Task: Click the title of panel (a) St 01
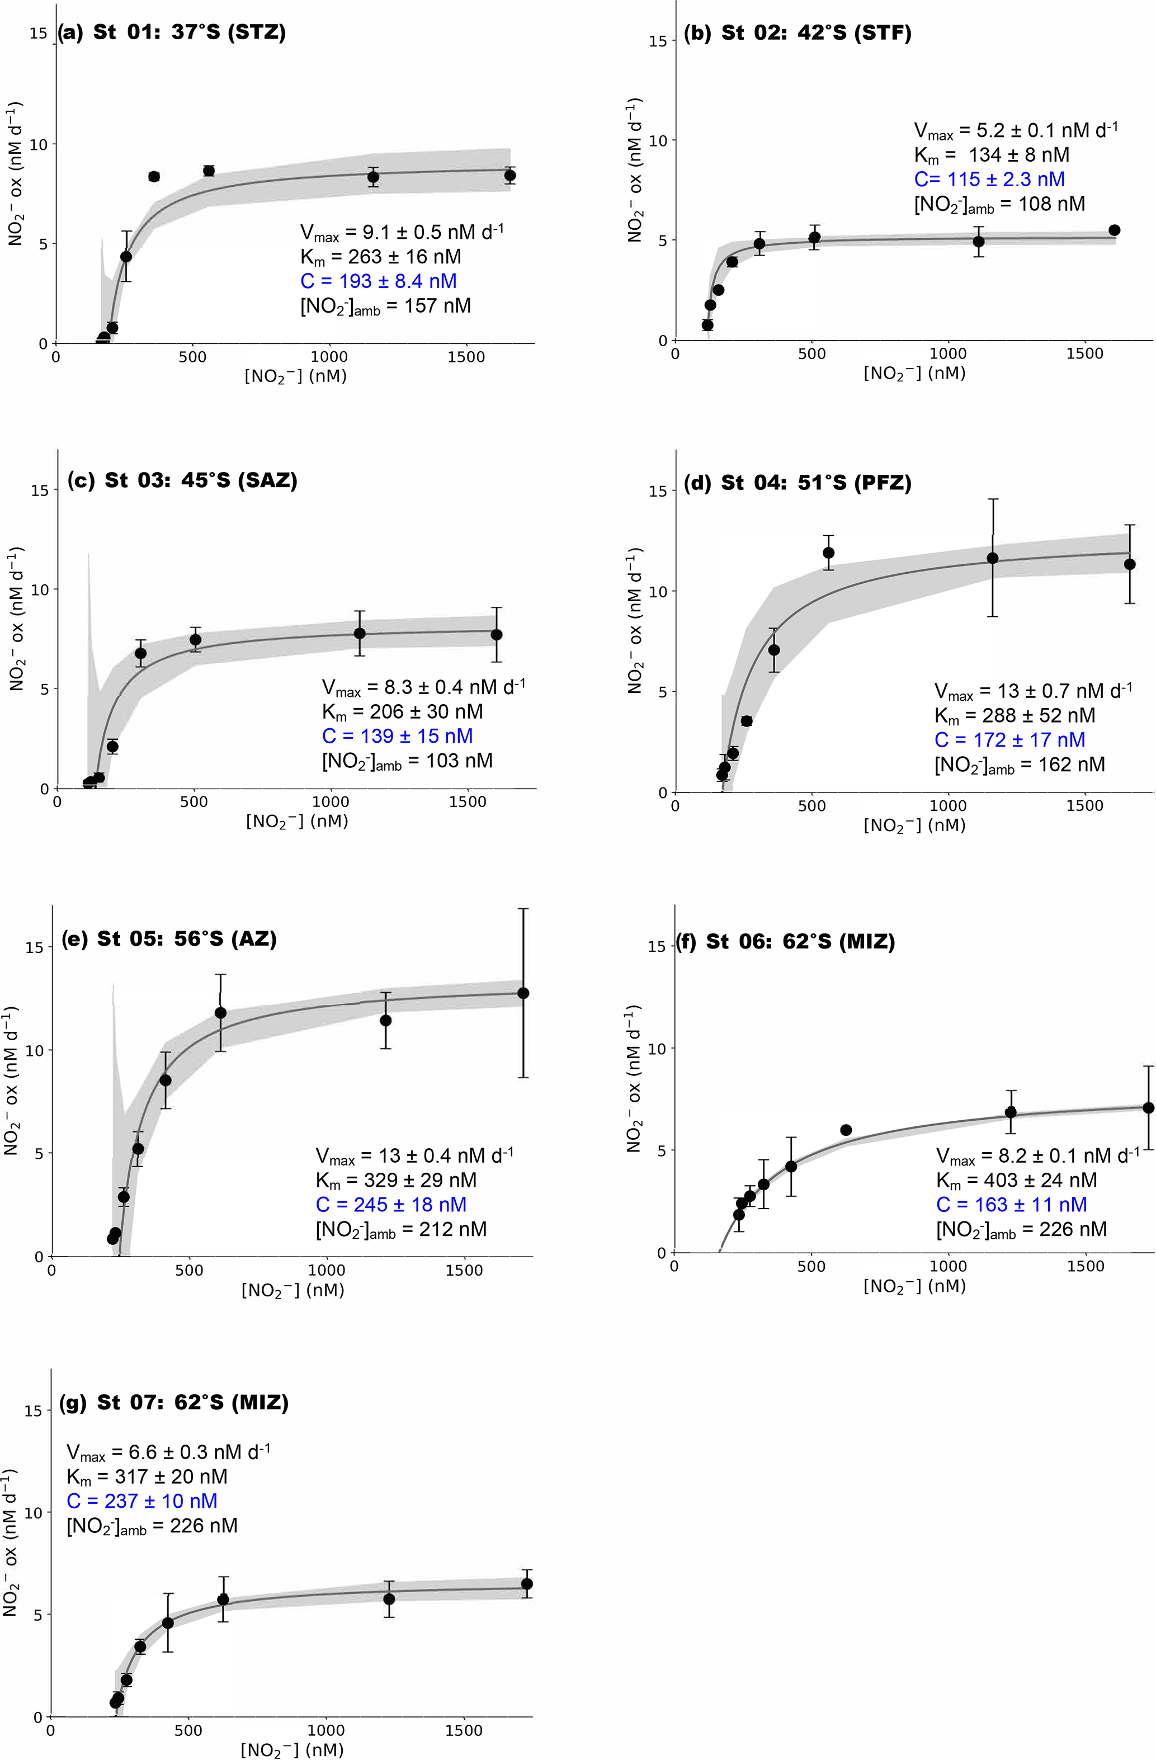[x=172, y=32]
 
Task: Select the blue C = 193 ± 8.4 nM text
[x=378, y=281]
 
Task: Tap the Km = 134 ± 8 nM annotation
[x=991, y=154]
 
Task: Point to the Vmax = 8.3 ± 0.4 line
[x=423, y=687]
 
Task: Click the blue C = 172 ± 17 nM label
[x=1009, y=739]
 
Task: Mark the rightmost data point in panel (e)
[x=523, y=993]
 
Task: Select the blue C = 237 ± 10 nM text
[x=142, y=1501]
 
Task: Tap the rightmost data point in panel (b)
[x=1114, y=230]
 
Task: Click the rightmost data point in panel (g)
[x=527, y=1583]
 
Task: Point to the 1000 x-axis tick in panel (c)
[x=330, y=801]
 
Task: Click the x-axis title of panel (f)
[x=914, y=1286]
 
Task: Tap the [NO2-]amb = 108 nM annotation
[x=999, y=204]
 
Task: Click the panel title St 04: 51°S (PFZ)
[x=798, y=483]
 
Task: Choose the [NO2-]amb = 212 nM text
[x=401, y=1229]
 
